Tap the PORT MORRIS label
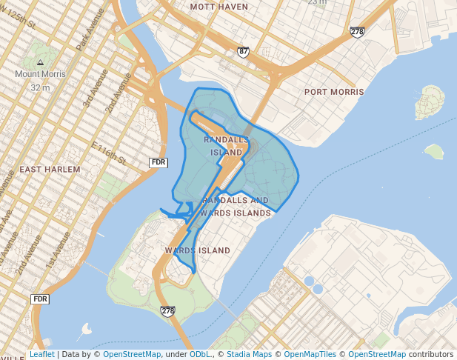tap(334, 92)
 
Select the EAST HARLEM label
tap(50, 170)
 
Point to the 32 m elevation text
tap(40, 87)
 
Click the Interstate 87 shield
tap(244, 52)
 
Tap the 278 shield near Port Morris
tap(357, 32)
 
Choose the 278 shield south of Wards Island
tap(168, 311)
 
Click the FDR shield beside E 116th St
tap(158, 162)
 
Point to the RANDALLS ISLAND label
tap(227, 146)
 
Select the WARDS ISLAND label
tap(197, 251)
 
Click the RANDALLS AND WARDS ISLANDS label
tap(236, 207)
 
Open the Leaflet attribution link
tap(41, 355)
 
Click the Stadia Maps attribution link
tap(250, 355)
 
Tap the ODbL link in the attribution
tap(199, 355)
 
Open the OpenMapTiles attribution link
tap(310, 355)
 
